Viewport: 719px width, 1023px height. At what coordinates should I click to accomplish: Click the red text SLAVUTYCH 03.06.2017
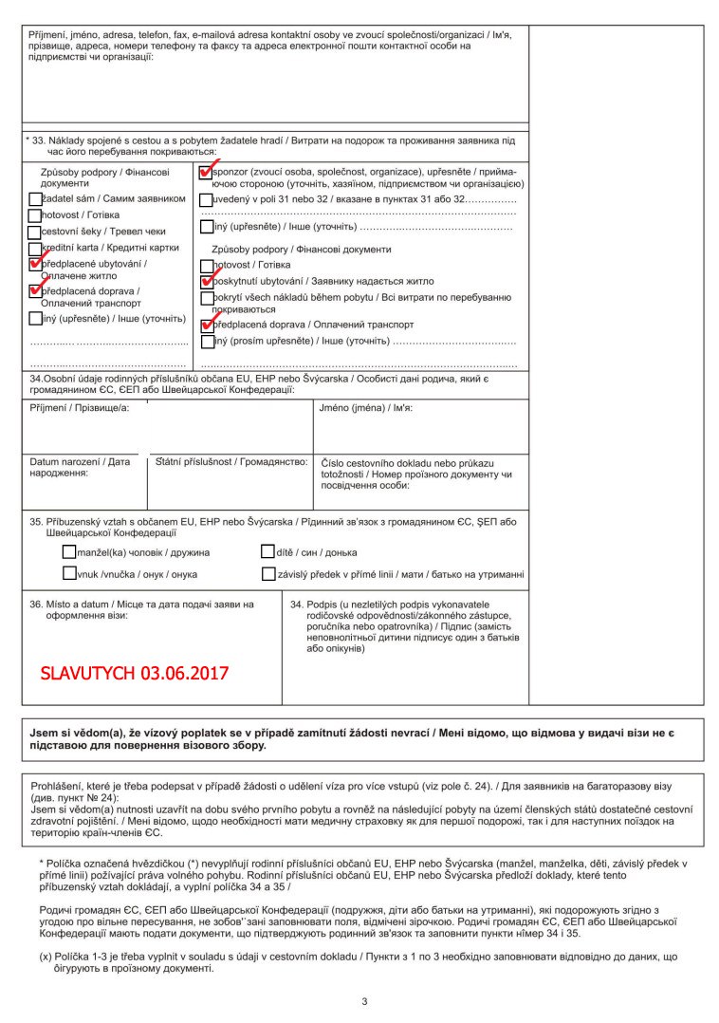135,674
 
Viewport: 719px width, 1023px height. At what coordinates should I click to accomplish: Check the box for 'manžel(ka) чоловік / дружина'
69,551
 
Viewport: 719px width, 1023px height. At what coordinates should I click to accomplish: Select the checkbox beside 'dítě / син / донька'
268,551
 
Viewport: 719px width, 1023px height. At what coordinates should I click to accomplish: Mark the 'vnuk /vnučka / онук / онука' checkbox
69,573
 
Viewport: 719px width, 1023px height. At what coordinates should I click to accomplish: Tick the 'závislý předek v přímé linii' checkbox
268,573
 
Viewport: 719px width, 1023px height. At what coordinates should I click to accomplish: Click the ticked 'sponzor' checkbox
206,174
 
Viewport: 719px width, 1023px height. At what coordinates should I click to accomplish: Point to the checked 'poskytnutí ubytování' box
207,281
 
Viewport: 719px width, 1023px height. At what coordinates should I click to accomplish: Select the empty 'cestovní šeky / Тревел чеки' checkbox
35,232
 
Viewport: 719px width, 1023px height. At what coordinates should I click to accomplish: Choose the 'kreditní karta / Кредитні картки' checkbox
35,248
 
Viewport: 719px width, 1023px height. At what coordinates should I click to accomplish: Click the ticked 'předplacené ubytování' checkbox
35,265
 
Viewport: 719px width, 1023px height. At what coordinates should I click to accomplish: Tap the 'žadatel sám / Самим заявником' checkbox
35,199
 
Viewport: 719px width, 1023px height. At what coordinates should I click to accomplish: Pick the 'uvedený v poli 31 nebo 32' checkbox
206,199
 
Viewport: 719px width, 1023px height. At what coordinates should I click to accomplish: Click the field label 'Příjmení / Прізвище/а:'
80,407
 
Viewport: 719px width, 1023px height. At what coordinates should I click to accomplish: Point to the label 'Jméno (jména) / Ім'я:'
365,407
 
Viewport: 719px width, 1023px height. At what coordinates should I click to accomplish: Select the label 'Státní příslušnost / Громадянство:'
230,461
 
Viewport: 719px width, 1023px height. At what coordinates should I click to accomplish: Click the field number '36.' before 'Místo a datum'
37,604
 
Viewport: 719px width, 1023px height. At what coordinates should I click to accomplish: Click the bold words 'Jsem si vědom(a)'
75,734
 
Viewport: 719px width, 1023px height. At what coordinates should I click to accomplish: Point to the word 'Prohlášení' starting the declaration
60,787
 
